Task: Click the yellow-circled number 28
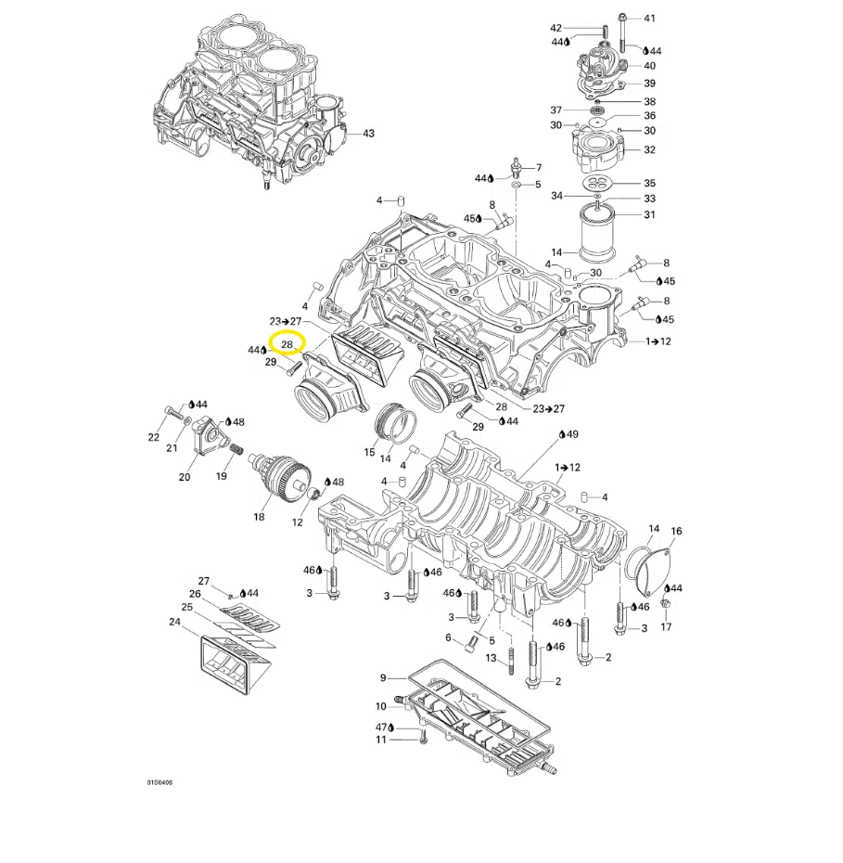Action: click(x=287, y=344)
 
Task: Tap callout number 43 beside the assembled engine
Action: click(x=368, y=134)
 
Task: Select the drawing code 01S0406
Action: click(x=160, y=782)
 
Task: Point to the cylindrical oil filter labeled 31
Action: click(x=598, y=231)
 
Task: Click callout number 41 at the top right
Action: click(x=649, y=19)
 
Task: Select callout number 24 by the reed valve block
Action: click(x=174, y=622)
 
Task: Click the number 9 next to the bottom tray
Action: click(x=382, y=678)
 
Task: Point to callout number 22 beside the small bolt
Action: click(x=154, y=437)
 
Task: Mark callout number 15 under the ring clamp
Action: click(x=369, y=453)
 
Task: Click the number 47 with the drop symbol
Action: click(x=380, y=726)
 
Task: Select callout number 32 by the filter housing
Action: click(x=649, y=149)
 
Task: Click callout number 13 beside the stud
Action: click(x=492, y=659)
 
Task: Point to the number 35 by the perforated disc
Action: click(x=649, y=184)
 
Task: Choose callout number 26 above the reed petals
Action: click(x=195, y=594)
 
